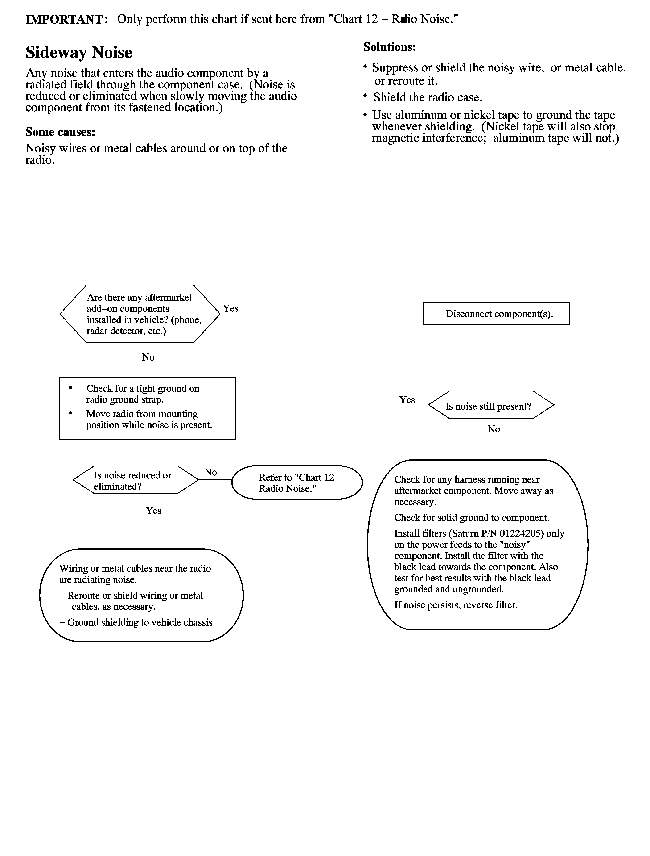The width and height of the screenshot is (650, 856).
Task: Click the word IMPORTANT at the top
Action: click(x=63, y=19)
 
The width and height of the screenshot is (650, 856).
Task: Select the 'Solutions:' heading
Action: click(x=390, y=47)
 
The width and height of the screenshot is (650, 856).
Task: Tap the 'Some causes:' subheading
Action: click(x=60, y=132)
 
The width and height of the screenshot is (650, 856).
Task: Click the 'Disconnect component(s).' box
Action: click(x=496, y=314)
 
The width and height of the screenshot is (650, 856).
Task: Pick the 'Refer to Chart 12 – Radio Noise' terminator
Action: click(x=297, y=483)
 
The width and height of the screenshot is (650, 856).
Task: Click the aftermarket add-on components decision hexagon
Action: click(x=140, y=314)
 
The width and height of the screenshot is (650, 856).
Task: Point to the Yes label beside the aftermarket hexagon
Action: click(x=230, y=308)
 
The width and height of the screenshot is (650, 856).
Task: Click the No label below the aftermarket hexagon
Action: click(x=148, y=357)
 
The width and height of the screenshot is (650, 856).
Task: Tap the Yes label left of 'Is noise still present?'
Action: click(x=407, y=400)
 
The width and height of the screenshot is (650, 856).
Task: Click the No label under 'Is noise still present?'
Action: click(x=494, y=429)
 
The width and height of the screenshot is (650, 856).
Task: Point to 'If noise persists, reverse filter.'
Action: click(x=456, y=605)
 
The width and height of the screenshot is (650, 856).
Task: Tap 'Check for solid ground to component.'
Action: click(x=472, y=518)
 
